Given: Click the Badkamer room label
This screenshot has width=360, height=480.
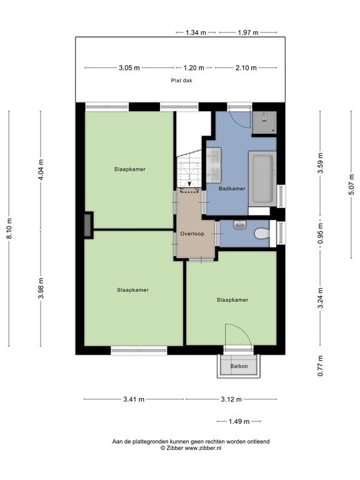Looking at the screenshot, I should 232,188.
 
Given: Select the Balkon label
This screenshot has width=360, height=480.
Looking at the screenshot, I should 239,366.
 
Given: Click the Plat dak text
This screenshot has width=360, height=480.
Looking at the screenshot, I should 182,80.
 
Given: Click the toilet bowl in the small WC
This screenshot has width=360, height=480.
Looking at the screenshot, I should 261,234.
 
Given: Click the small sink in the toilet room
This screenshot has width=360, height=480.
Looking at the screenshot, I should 240,224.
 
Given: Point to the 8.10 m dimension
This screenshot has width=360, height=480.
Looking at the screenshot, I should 10,229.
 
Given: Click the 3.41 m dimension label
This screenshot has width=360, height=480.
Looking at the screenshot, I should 133,399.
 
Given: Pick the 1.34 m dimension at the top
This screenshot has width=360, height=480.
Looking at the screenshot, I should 196,32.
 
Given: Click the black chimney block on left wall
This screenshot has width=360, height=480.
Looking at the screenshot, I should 88,224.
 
